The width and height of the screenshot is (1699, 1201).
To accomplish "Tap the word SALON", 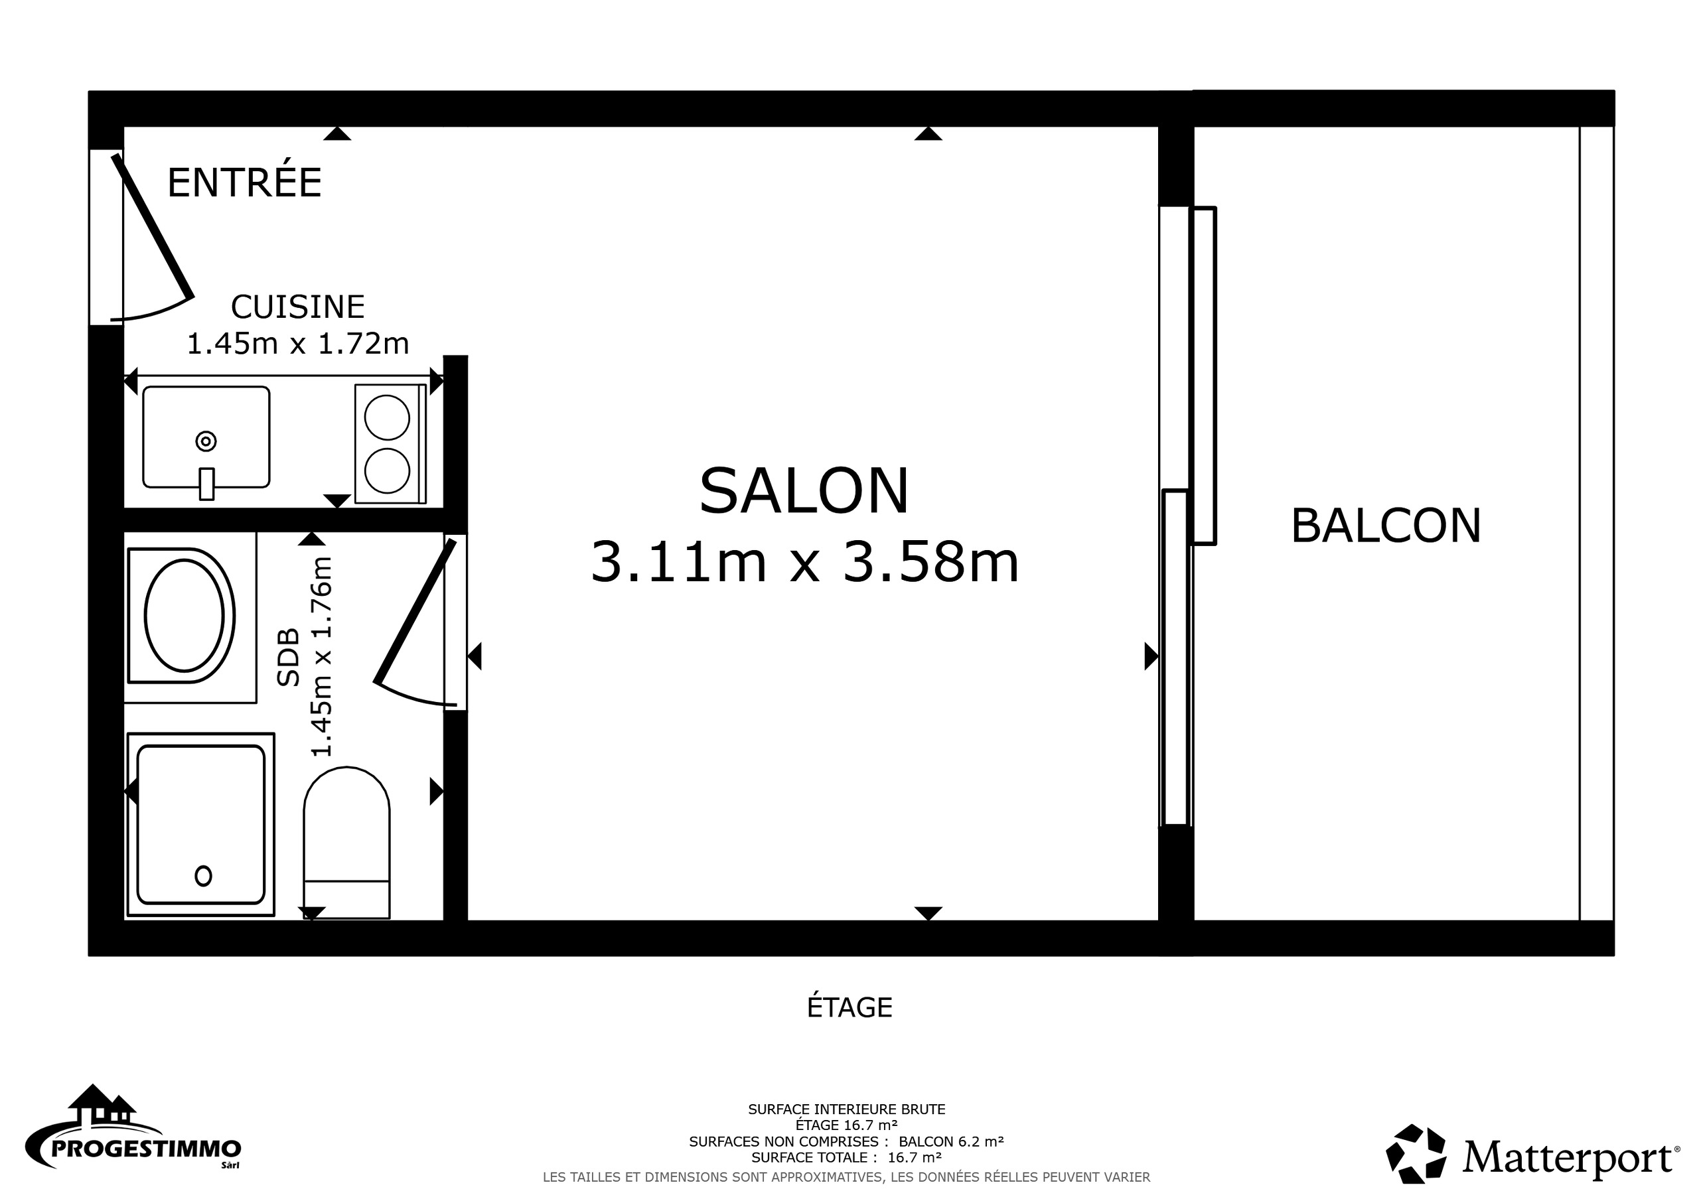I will pos(804,492).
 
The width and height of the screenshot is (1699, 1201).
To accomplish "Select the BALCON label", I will pos(1385,526).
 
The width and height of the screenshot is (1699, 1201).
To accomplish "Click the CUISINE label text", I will pos(297,307).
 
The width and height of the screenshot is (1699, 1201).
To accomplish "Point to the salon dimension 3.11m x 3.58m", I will pos(804,563).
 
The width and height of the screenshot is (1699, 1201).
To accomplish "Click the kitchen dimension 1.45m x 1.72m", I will pos(297,343).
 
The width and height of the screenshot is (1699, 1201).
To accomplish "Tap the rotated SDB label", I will pos(289,657).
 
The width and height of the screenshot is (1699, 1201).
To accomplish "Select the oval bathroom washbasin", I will pos(185,616).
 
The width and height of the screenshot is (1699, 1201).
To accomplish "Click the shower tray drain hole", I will pos(203,876).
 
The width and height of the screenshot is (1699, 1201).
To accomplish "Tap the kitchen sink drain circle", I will pos(206,442).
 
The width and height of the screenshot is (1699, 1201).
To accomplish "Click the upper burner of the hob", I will pos(387,417).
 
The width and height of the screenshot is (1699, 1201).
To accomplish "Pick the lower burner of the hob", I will pos(387,470).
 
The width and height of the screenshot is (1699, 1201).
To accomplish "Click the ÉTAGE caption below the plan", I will pos(849,1008).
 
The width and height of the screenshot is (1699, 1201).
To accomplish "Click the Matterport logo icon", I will pos(1415,1154).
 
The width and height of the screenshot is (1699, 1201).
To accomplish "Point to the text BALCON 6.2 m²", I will pos(951,1142).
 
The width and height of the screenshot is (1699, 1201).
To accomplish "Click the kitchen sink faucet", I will pos(206,484).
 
